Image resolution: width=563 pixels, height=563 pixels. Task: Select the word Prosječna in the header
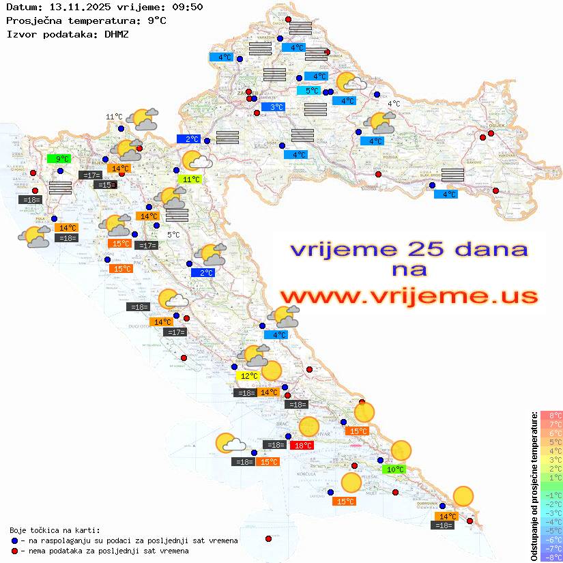point(31,20)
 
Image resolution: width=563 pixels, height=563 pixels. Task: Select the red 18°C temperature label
point(302,446)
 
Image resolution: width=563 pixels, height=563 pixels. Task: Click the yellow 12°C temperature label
point(248,375)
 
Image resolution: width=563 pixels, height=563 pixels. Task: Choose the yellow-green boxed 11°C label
point(192,179)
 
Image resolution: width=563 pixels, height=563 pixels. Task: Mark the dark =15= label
point(106,184)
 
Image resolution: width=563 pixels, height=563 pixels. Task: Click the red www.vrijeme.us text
point(408,297)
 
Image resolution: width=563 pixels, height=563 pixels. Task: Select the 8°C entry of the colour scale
point(551,416)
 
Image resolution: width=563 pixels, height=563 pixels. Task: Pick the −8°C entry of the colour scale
point(551,557)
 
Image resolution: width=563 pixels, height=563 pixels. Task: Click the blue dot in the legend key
point(14,540)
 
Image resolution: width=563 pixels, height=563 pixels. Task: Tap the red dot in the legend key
point(14,551)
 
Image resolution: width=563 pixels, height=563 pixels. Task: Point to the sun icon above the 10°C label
point(401,450)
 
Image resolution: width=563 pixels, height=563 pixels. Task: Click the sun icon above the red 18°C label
point(308,426)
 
